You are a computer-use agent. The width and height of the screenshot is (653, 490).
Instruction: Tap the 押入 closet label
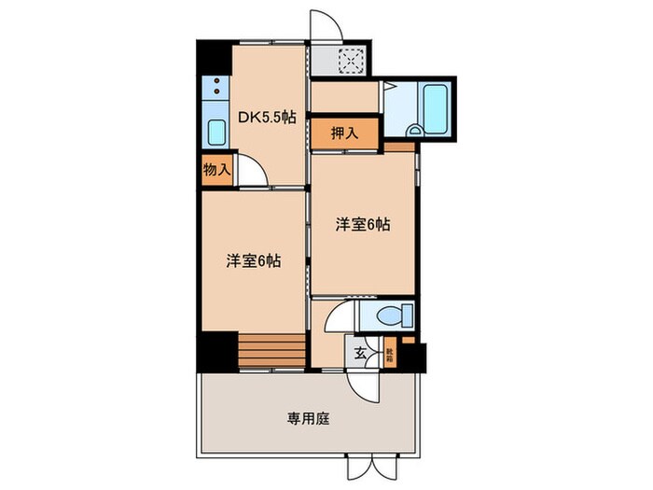[x=344, y=133]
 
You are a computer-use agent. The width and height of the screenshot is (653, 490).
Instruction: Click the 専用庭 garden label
[x=306, y=418]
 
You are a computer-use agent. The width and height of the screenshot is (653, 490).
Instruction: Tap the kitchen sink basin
[x=216, y=133]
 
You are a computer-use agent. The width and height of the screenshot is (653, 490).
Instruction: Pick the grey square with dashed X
[x=351, y=62]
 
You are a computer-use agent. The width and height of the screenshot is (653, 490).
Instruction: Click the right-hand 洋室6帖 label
[x=363, y=224]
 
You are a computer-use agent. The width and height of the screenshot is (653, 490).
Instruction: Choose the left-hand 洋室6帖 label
[x=253, y=261]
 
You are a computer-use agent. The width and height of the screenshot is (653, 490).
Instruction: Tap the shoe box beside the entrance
[x=389, y=354]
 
